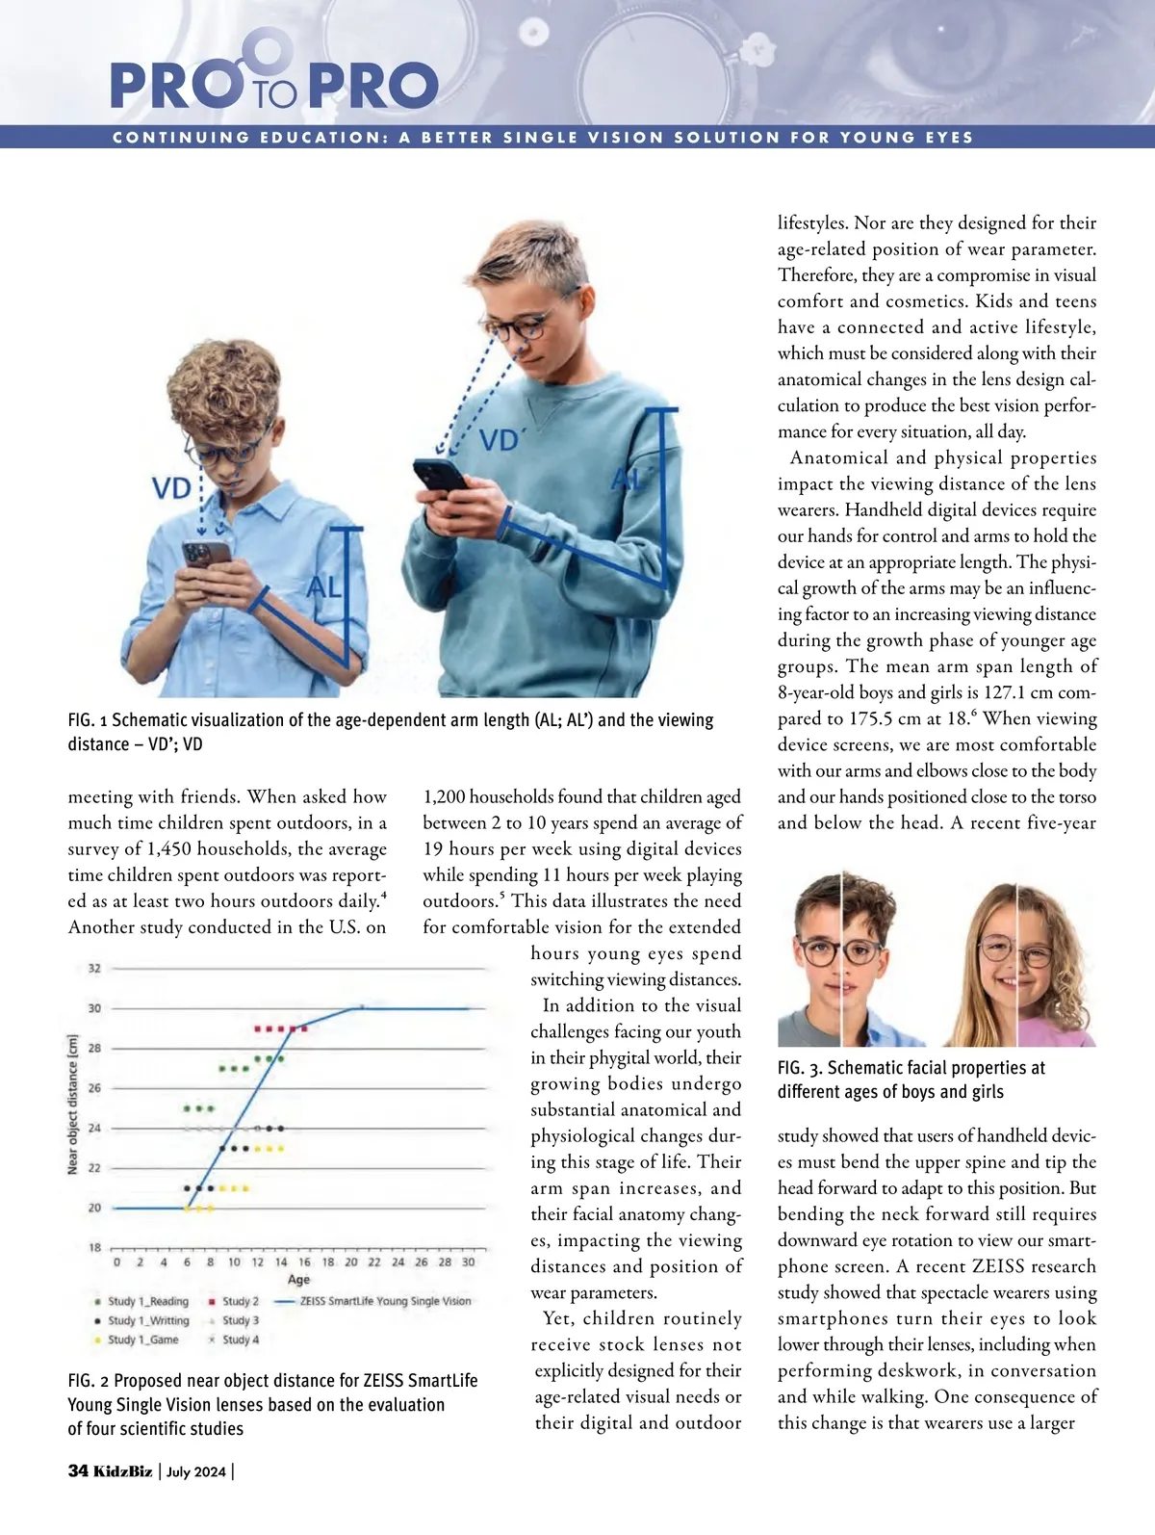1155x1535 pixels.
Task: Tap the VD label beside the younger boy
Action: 172,488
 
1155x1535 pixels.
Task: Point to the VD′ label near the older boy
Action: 500,441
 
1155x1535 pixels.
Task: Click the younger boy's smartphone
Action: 206,557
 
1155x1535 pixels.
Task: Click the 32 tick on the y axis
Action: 94,968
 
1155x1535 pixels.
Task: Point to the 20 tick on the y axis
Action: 94,1208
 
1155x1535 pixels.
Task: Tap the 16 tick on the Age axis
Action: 304,1262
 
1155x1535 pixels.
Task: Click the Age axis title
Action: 298,1279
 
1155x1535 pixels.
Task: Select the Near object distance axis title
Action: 73,1105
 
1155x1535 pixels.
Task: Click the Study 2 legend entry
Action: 240,1301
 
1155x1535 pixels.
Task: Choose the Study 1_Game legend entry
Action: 142,1340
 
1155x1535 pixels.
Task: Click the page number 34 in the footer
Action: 78,1470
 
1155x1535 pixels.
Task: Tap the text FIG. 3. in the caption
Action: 799,1068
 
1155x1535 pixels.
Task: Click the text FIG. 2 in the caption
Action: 88,1381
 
